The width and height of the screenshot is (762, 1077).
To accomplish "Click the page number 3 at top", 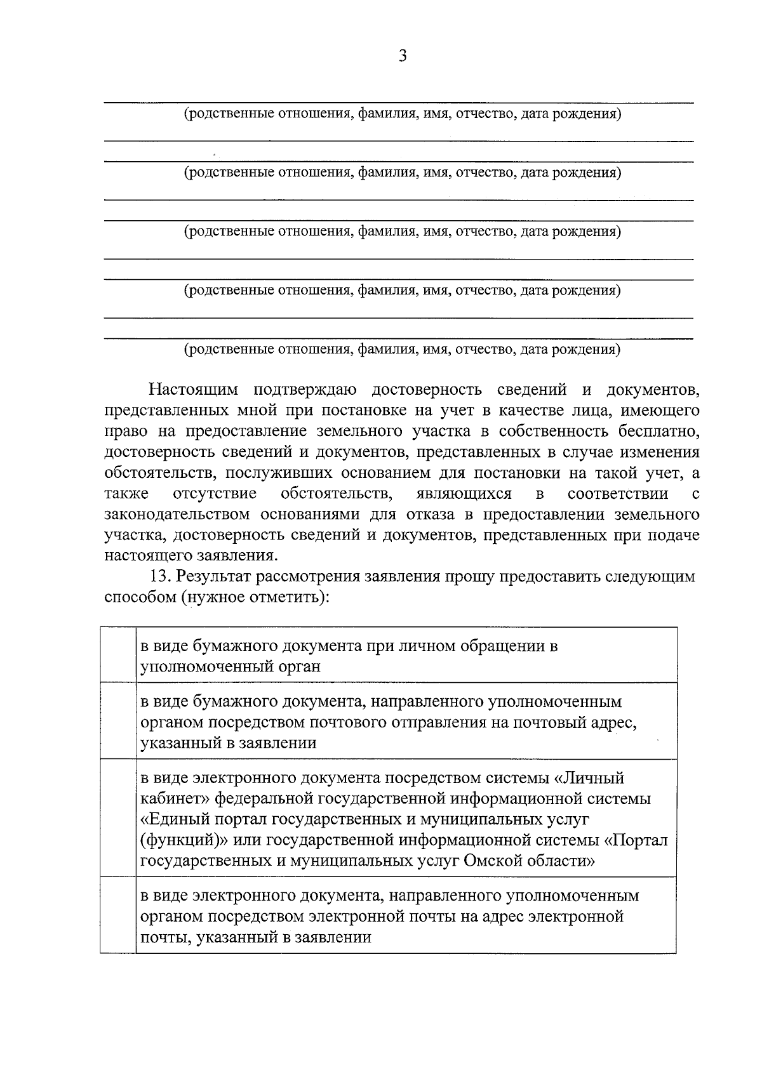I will tap(402, 56).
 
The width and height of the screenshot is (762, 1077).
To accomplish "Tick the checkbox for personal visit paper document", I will tap(118, 655).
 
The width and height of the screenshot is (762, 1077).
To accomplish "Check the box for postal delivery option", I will tap(118, 721).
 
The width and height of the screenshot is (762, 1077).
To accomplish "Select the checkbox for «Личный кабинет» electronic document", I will tap(118, 818).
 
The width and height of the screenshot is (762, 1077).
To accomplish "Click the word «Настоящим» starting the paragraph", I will tap(194, 389).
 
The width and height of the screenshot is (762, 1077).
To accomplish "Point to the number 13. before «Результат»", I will tap(161, 577).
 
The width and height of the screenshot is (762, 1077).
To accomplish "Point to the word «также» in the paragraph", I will tap(127, 494).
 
